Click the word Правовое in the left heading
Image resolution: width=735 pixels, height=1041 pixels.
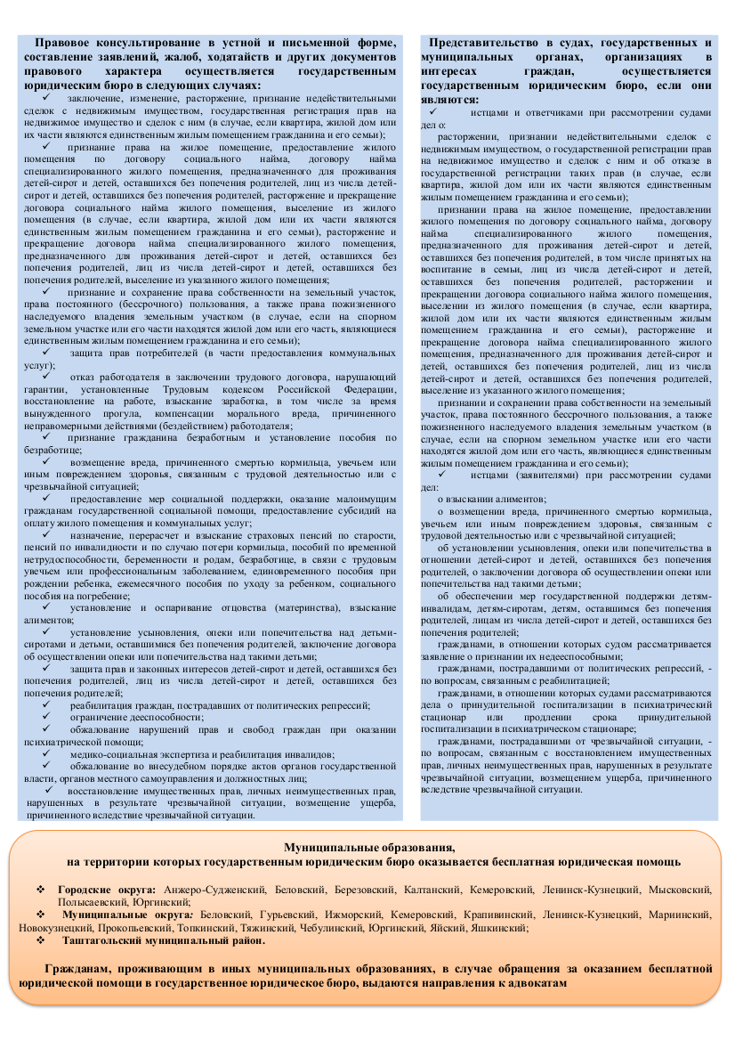click(65, 43)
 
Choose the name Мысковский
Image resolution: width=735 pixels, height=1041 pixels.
click(680, 890)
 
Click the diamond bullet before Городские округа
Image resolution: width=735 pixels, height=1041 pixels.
click(39, 890)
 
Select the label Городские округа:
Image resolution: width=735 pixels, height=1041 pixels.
click(107, 890)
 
